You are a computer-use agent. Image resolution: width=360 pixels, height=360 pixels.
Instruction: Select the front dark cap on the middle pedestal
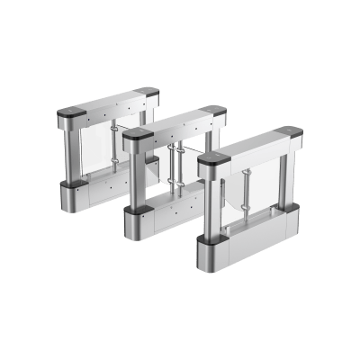click(x=135, y=134)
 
